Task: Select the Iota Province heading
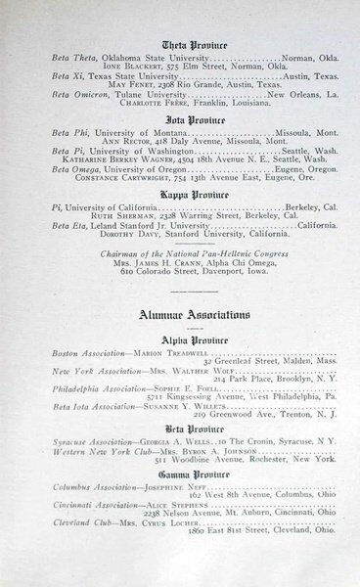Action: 182,117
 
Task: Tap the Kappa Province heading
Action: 182,194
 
